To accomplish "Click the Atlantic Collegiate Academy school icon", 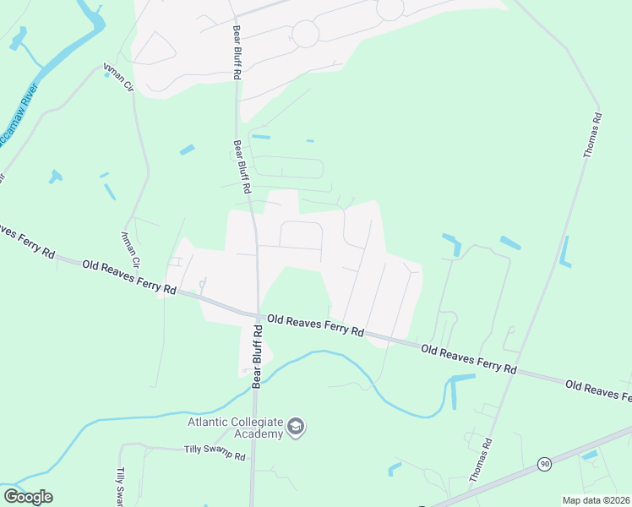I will (x=296, y=426).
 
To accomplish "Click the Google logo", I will (x=28, y=497).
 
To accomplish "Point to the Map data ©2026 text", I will (x=597, y=500).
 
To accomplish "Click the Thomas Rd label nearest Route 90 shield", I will (x=480, y=460).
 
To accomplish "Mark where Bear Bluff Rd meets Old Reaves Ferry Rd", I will (x=258, y=317).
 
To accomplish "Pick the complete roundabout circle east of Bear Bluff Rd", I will (x=305, y=35).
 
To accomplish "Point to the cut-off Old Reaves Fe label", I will (x=598, y=391).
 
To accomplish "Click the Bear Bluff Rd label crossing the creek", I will (x=258, y=358).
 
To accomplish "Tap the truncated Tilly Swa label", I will (x=121, y=486).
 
